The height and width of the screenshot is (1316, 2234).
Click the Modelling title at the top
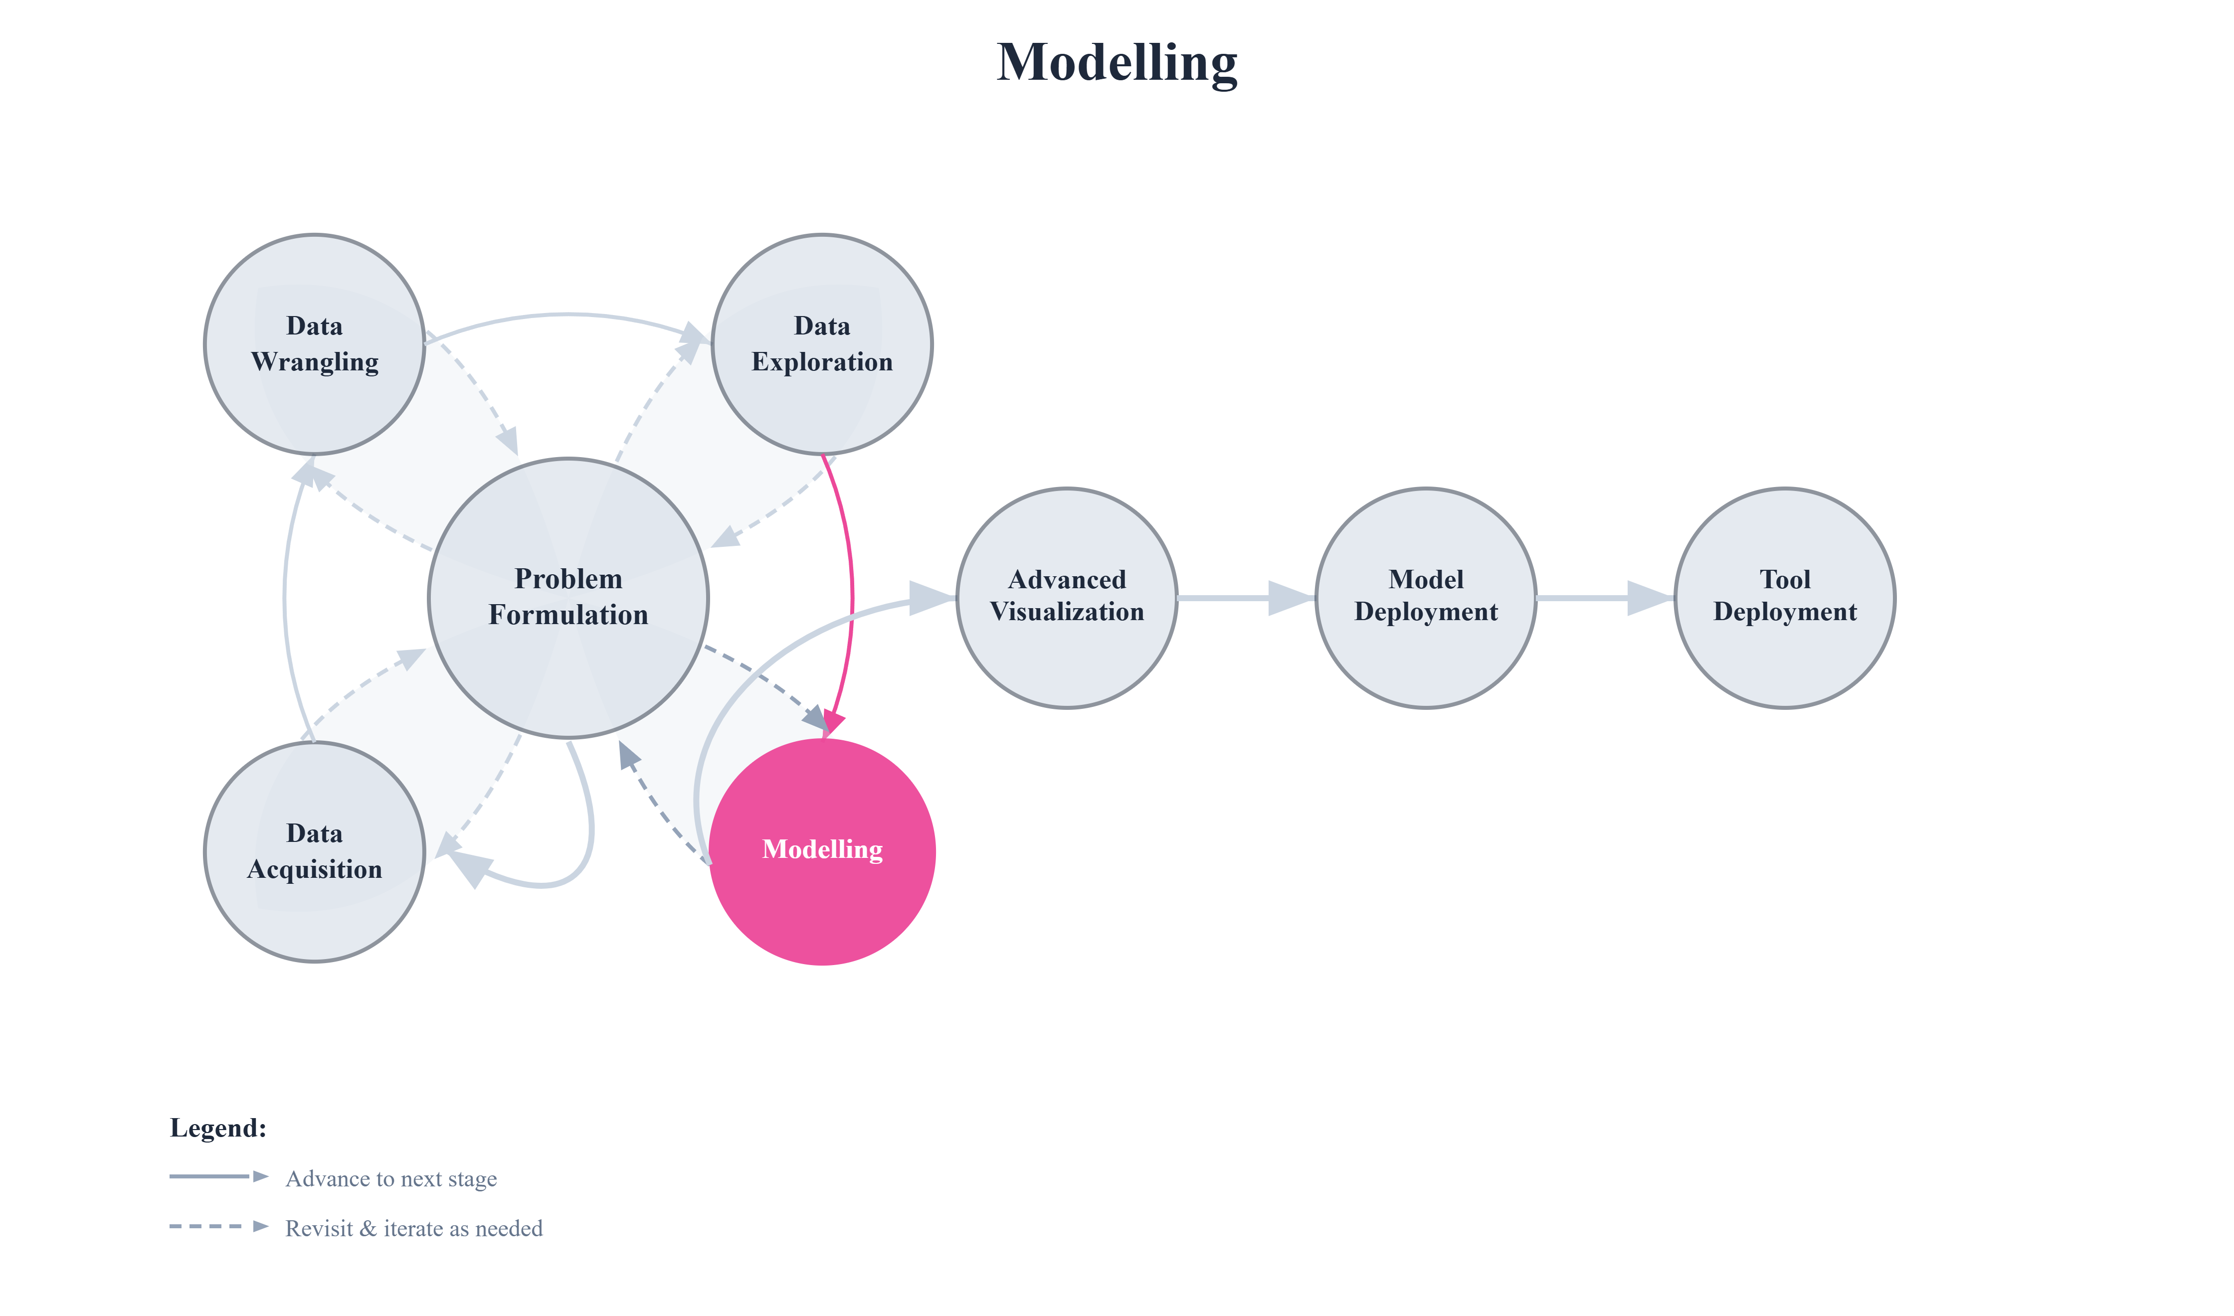tap(1117, 62)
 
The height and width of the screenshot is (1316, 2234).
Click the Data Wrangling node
tap(314, 344)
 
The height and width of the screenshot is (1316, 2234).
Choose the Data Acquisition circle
tap(314, 851)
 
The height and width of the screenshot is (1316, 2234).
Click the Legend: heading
tap(218, 1128)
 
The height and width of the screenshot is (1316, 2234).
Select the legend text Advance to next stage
tap(390, 1178)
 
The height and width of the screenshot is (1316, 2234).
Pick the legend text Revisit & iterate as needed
tap(413, 1228)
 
